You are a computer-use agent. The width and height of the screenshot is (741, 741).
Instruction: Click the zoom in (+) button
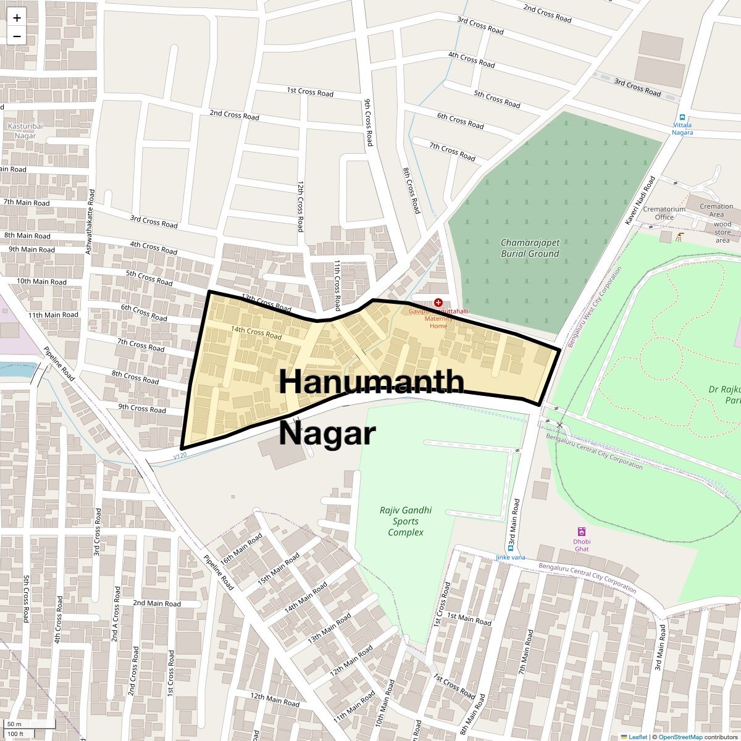(17, 18)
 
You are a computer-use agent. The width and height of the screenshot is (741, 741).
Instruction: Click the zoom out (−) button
(17, 36)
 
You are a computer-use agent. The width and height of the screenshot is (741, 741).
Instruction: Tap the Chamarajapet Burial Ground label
(530, 248)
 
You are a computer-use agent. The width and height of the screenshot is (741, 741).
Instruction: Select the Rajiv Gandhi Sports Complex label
(406, 521)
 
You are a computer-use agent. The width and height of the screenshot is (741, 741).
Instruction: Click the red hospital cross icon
(438, 303)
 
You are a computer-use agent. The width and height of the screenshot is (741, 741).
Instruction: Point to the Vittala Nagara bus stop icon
(682, 117)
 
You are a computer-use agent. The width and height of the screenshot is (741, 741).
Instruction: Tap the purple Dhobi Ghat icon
(581, 532)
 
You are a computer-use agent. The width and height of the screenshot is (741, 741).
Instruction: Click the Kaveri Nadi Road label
(640, 200)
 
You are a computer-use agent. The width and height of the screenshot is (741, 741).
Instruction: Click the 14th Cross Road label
(256, 333)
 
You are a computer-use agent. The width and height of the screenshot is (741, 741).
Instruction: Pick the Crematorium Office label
(664, 213)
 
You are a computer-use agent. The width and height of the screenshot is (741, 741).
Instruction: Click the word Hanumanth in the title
(371, 381)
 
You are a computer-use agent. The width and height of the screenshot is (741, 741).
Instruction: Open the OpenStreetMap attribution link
(680, 737)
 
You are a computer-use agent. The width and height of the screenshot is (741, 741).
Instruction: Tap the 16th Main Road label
(241, 548)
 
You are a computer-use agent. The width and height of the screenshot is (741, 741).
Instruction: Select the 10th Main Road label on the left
(41, 282)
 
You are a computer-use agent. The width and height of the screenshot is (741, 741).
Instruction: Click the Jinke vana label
(510, 558)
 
